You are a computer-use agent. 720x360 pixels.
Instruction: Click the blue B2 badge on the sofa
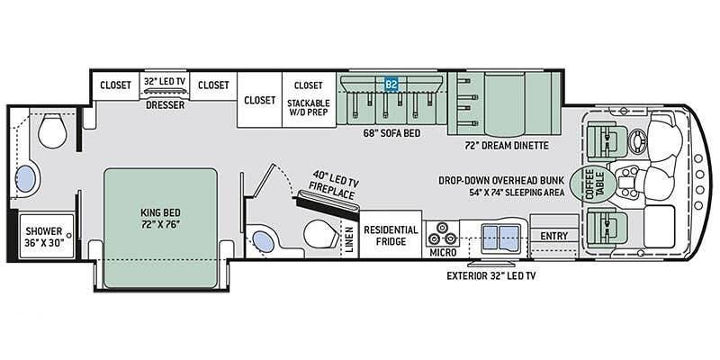(x=391, y=85)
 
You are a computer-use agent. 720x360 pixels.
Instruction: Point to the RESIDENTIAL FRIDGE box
(x=391, y=236)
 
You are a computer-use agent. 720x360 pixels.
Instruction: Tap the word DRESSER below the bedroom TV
(x=165, y=105)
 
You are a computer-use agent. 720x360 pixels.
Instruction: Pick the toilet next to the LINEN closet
(x=317, y=235)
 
